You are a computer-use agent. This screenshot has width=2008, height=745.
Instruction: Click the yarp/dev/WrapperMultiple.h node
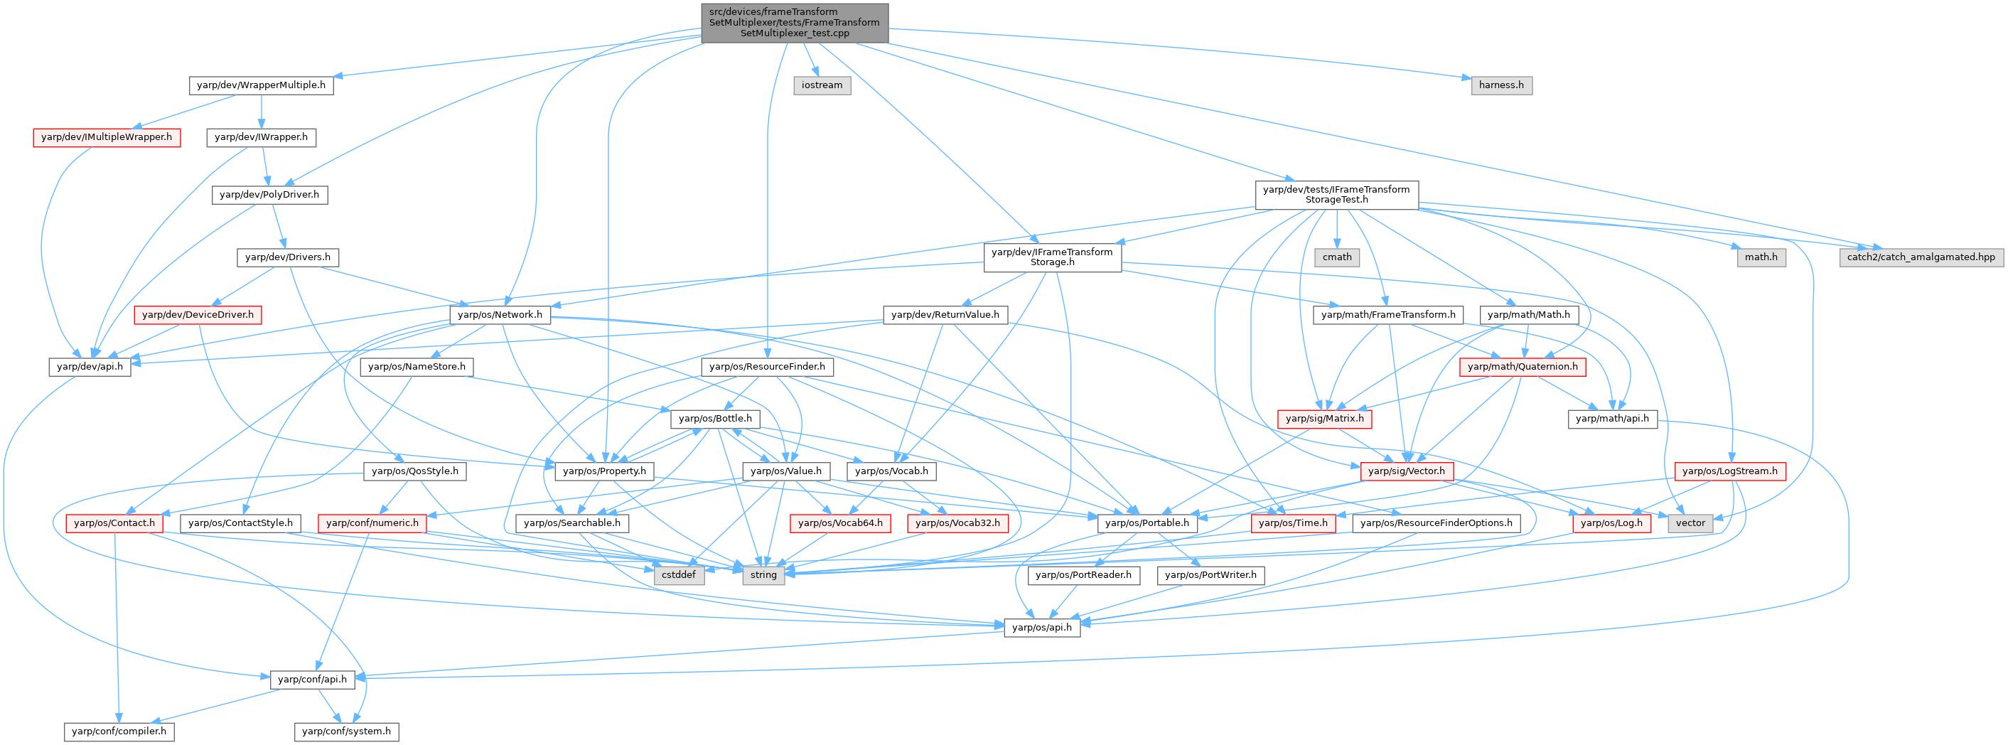260,85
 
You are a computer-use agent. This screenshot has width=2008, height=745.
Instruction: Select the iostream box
822,85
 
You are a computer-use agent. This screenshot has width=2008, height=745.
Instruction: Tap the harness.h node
1500,85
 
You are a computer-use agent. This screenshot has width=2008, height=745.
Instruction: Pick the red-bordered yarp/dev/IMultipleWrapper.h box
106,137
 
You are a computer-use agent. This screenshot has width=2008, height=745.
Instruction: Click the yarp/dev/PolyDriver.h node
269,194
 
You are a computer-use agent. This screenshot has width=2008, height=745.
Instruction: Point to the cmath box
1337,257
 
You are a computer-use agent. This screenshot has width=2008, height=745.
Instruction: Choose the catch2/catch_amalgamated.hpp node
1921,257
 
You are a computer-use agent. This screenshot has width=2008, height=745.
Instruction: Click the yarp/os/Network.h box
500,315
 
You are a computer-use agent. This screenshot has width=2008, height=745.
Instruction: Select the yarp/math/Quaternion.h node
1522,366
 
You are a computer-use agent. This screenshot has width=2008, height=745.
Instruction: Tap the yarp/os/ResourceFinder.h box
767,366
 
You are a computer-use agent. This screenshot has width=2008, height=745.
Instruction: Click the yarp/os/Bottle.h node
715,419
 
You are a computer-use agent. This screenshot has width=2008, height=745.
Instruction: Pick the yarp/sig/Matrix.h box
1324,419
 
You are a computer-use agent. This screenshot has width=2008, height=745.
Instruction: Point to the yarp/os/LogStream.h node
1729,471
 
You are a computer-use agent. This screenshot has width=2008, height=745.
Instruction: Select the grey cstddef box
678,574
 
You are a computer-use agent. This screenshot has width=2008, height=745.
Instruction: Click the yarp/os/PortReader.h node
1083,574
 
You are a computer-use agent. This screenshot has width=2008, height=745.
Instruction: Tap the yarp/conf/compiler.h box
119,731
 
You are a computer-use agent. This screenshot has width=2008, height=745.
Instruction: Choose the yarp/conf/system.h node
346,731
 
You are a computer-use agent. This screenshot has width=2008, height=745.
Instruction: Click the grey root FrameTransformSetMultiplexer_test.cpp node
794,23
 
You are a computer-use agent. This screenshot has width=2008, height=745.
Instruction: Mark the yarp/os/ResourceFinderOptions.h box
1436,523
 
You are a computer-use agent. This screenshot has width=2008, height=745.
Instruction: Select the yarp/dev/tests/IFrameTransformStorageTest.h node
1336,194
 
